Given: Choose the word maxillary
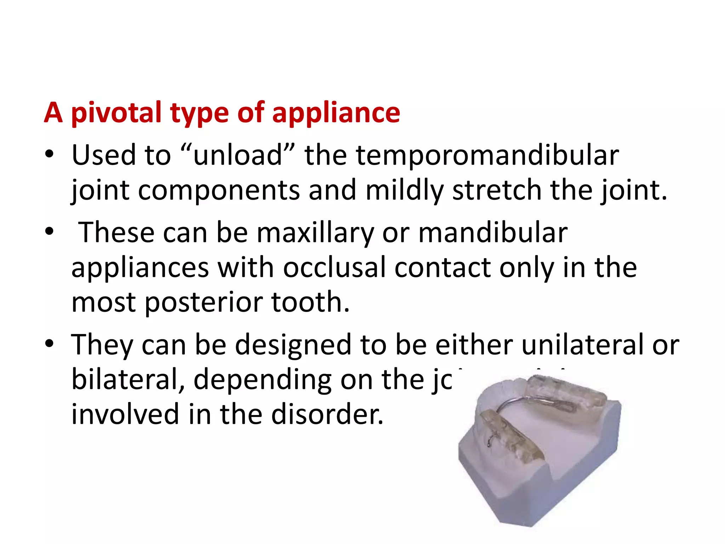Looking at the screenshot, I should click(315, 233).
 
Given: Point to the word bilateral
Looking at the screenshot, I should click(128, 379).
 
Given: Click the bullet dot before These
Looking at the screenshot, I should click(49, 232).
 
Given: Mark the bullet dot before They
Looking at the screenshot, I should click(49, 344).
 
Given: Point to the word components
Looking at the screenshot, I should click(219, 191).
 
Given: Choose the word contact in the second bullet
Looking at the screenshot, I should click(442, 267).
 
